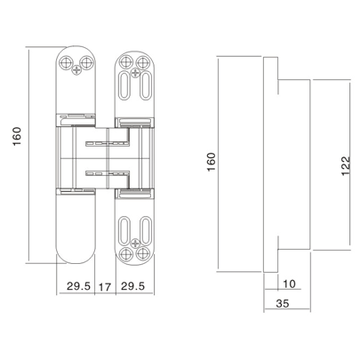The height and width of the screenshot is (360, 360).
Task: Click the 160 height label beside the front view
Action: pos(16,137)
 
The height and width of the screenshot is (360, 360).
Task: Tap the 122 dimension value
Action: pos(345,165)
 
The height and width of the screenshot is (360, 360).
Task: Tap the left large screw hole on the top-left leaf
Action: pos(66,62)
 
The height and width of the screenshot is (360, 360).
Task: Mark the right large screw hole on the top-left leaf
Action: pos(86,62)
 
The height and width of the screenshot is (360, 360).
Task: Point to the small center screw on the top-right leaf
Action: pos(135,73)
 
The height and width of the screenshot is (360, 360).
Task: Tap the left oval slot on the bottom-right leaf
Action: pos(124,230)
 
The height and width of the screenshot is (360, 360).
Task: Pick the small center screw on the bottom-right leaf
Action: pos(135,243)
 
